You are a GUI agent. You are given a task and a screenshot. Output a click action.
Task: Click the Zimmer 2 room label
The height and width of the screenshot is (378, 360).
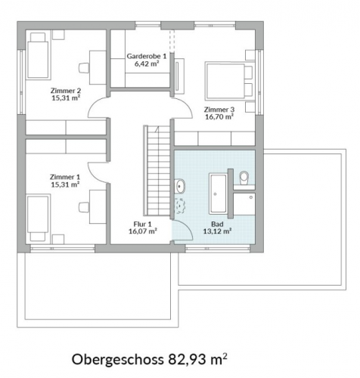click(66, 91)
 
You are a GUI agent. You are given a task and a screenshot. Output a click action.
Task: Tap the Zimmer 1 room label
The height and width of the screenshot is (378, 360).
click(65, 177)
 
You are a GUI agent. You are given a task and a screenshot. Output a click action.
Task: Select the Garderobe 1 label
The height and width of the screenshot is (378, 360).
click(147, 56)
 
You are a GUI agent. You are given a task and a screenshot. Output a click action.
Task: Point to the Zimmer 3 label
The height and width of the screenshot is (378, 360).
click(219, 110)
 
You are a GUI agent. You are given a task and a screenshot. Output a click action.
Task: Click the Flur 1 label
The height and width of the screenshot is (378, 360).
click(143, 224)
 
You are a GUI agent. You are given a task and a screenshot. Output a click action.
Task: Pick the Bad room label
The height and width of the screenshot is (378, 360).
click(217, 224)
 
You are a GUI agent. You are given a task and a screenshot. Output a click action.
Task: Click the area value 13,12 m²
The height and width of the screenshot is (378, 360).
click(218, 231)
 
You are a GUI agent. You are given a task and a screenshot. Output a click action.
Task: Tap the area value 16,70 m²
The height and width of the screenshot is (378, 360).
click(219, 117)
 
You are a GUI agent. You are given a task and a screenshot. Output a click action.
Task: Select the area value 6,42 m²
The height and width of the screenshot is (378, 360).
click(147, 64)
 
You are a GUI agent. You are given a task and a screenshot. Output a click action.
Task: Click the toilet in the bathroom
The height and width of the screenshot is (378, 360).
click(244, 178)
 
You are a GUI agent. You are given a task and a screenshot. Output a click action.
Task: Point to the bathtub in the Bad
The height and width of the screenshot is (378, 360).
click(218, 194)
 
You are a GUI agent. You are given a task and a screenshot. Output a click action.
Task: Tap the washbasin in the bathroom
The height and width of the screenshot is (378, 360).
click(179, 186)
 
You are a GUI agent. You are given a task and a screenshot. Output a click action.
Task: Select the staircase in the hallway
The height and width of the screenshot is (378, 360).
click(157, 171)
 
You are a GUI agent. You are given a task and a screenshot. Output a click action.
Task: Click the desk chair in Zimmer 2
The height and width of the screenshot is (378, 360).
click(84, 68)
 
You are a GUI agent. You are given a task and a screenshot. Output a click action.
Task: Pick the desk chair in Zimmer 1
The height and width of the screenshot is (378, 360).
click(84, 207)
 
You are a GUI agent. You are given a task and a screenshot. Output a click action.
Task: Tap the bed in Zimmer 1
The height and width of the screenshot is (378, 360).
click(38, 218)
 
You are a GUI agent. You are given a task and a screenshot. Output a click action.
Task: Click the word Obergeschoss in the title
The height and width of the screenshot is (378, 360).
click(118, 360)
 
